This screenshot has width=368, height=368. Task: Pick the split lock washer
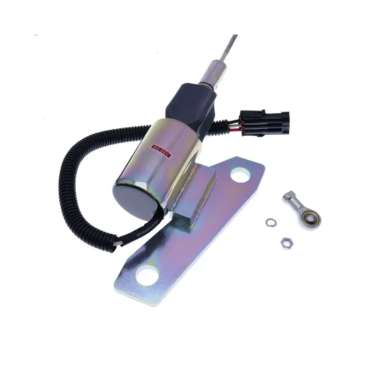coord(270,222)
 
